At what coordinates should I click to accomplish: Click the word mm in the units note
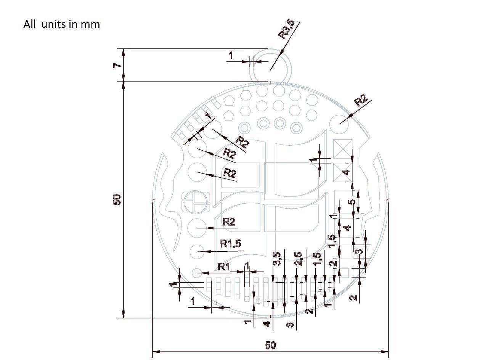(90, 24)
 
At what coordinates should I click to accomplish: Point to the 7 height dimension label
(117, 65)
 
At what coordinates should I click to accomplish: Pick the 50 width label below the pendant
(270, 346)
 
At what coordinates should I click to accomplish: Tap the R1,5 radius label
(231, 243)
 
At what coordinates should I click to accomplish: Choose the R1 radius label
(224, 267)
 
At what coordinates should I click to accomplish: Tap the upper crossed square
(342, 148)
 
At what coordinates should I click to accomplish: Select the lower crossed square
(342, 172)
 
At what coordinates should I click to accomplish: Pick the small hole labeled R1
(197, 273)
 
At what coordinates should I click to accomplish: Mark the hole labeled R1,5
(197, 251)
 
